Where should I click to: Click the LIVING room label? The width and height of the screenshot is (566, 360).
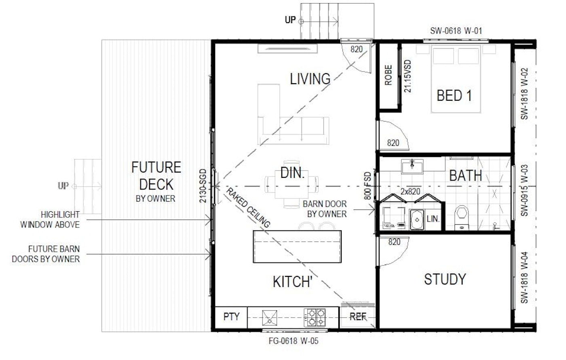point(310,79)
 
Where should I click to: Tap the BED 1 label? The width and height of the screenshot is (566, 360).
point(454,96)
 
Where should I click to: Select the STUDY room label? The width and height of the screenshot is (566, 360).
point(445,279)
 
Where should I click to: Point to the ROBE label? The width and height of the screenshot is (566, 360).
point(389,75)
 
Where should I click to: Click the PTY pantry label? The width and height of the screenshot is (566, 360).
point(231,317)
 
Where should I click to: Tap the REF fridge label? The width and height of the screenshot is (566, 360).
point(358,317)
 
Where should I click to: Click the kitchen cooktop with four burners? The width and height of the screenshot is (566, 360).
point(315,317)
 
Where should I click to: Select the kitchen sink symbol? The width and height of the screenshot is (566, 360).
point(269,318)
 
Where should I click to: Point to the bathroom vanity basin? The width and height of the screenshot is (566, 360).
point(412,166)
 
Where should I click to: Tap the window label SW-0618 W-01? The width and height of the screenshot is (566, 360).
point(456,31)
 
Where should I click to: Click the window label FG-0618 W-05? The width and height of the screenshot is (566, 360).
point(294,341)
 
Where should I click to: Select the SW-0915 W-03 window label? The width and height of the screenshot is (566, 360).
point(525,190)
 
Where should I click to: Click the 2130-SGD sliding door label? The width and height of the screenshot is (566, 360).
point(203,186)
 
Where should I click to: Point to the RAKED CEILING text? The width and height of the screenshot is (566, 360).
point(248,208)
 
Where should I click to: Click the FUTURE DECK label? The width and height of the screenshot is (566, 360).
point(156,176)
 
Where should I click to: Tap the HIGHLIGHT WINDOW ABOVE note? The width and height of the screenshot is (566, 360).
point(50,220)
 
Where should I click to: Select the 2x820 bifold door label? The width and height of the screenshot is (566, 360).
point(410,192)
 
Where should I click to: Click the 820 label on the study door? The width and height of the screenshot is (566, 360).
point(394,242)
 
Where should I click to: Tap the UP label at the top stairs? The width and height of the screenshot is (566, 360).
point(290,20)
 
